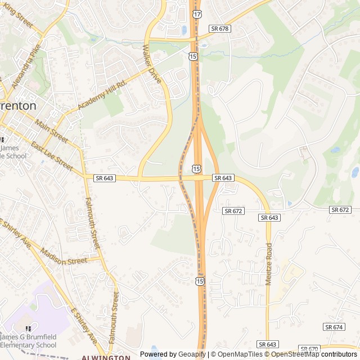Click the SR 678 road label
click(221, 28)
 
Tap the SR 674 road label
click(334, 327)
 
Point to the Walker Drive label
click(152, 65)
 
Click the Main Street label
click(51, 130)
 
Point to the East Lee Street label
click(52, 157)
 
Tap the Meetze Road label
click(269, 264)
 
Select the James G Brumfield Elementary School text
click(28, 340)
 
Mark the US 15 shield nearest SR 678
click(193, 57)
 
